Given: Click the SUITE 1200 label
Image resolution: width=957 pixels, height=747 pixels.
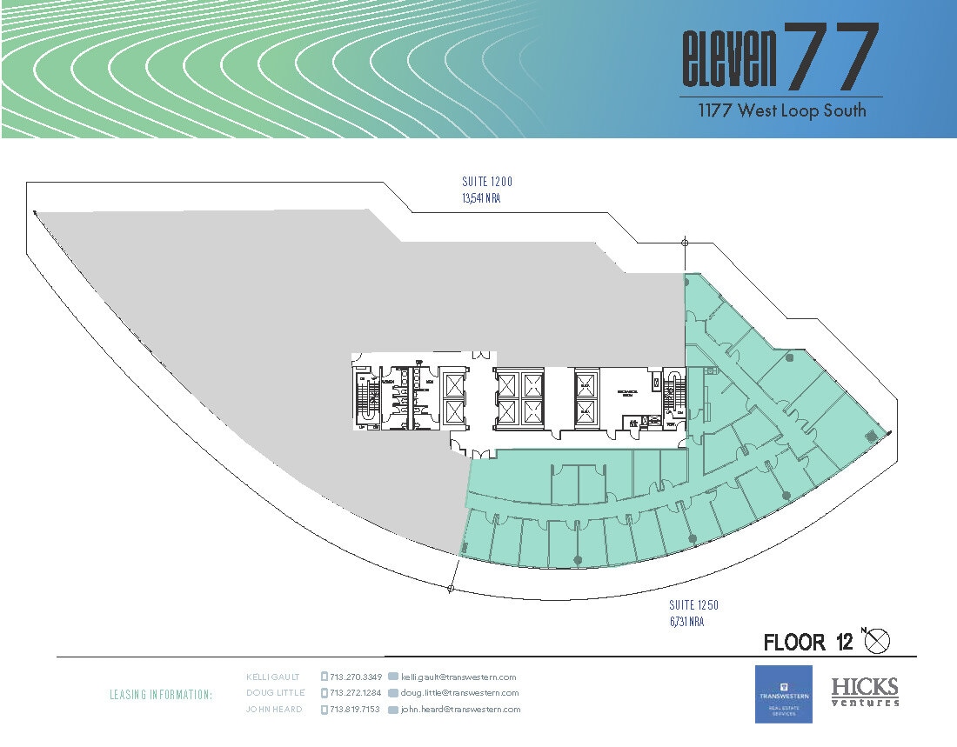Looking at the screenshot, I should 487,183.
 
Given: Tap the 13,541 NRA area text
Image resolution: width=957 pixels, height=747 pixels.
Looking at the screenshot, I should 482,198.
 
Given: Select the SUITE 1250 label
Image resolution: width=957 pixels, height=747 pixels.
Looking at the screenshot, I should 693,605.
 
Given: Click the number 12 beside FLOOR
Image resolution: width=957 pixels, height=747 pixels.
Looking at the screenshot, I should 844,643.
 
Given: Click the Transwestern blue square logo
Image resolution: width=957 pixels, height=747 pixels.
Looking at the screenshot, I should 783,694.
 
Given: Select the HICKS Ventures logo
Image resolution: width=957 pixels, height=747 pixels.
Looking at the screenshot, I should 865,692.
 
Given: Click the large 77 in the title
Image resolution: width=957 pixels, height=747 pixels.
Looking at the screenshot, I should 831,58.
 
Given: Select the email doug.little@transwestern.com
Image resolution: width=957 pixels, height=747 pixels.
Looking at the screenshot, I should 459,693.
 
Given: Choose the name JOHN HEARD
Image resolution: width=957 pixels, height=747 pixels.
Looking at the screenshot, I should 274,710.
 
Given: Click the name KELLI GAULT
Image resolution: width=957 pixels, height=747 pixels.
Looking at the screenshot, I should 275,677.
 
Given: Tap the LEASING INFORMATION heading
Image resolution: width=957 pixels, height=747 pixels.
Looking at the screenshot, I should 161,695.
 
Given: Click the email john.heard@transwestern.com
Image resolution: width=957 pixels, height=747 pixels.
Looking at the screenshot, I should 460,710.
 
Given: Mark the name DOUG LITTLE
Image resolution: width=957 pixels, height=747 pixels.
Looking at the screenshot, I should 275,693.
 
